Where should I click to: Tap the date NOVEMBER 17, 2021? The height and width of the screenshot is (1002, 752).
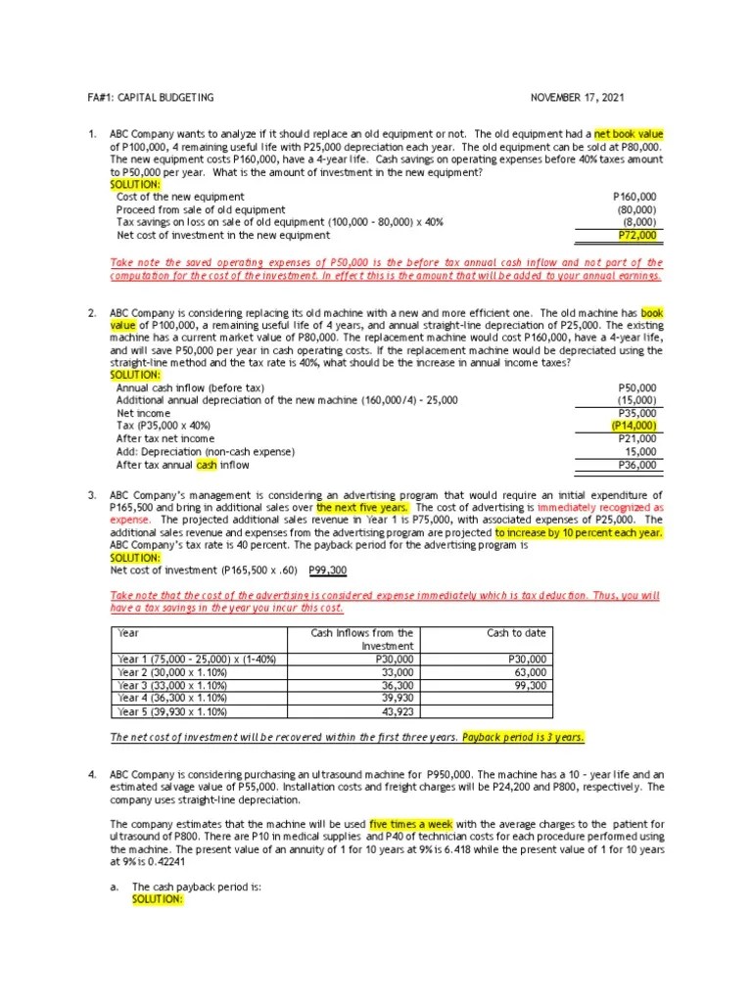pos(577,98)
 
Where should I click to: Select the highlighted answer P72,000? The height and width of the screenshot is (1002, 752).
pos(637,236)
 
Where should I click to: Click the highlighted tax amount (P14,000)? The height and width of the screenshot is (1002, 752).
pos(634,427)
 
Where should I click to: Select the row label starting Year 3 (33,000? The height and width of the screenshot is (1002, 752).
pos(171,685)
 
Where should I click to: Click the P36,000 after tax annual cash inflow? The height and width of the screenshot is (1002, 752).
pos(636,466)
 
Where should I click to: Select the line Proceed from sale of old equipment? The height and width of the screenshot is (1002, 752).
pos(201,210)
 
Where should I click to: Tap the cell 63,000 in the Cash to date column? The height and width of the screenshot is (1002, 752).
pos(531,672)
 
